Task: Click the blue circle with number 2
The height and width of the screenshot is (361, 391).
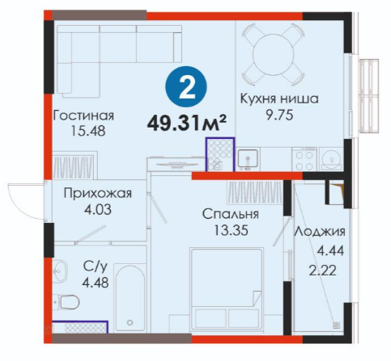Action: (186, 86)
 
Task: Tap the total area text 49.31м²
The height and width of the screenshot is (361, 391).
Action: (186, 124)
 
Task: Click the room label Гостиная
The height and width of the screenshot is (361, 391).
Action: (83, 115)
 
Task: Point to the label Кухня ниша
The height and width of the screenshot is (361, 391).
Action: (279, 99)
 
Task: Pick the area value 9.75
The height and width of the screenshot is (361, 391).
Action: (279, 115)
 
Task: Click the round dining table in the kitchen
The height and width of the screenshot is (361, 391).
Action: (274, 54)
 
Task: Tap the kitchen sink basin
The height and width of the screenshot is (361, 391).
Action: (248, 160)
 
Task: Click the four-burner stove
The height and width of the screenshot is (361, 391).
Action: (304, 159)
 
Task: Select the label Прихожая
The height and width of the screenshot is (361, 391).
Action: (98, 193)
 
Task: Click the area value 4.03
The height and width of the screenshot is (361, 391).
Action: (98, 209)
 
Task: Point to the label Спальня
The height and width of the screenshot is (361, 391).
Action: (231, 214)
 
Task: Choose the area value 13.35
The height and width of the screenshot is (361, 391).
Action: (231, 230)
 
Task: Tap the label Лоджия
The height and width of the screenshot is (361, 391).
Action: (320, 232)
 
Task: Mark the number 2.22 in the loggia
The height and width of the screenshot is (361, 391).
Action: (323, 271)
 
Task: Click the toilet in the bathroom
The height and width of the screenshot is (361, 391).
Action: (66, 302)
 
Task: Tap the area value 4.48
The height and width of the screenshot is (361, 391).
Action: (96, 283)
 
